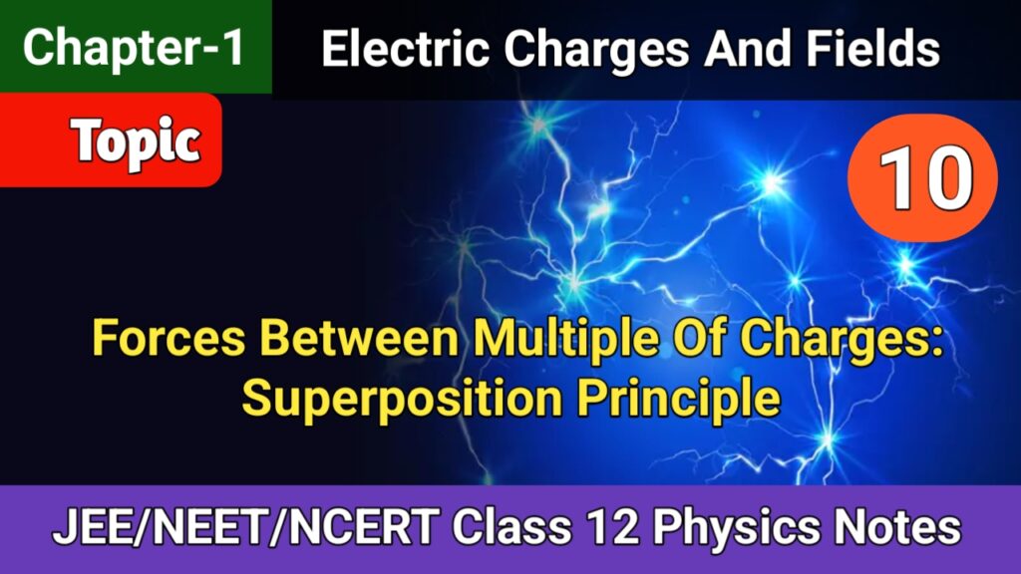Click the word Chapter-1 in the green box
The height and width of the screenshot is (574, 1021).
click(134, 49)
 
